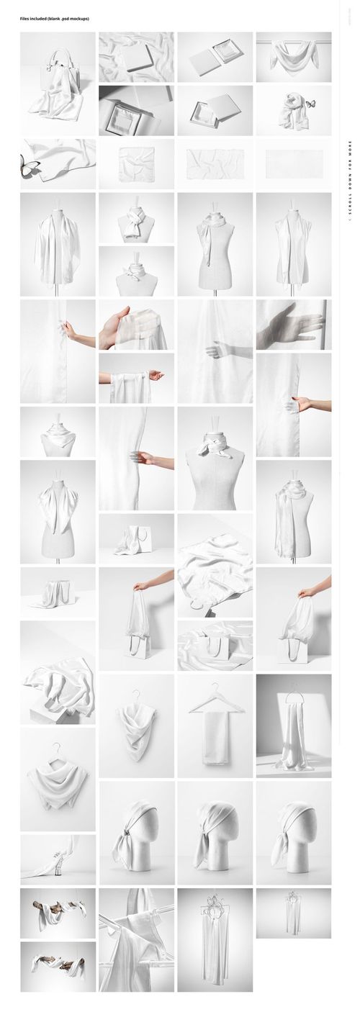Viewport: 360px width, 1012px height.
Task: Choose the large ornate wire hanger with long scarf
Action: (x=215, y=936)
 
